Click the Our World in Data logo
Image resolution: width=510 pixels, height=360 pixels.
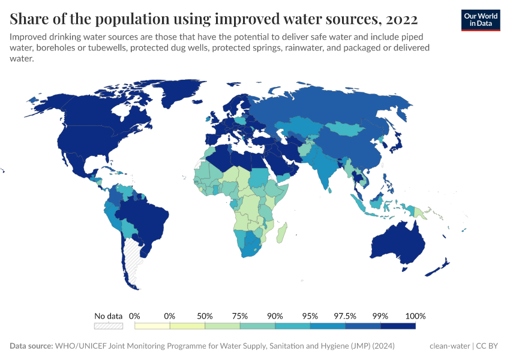[x=480, y=20]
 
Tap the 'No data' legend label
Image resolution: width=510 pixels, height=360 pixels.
[x=109, y=316]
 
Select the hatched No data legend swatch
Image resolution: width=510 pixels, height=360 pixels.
[x=109, y=326]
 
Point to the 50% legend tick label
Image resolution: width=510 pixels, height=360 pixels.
[x=205, y=316]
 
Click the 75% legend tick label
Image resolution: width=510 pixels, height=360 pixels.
[x=240, y=316]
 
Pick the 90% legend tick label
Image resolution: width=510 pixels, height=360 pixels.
[x=275, y=316]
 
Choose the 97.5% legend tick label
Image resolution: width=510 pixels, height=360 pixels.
[x=346, y=316]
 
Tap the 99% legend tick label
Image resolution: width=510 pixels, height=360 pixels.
[x=380, y=316]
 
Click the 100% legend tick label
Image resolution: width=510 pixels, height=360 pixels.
[x=415, y=316]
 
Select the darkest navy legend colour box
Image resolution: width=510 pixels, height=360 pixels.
[x=398, y=326]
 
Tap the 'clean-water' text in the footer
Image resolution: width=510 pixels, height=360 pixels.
[x=450, y=346]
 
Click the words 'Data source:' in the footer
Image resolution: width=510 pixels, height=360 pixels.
[x=31, y=346]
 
